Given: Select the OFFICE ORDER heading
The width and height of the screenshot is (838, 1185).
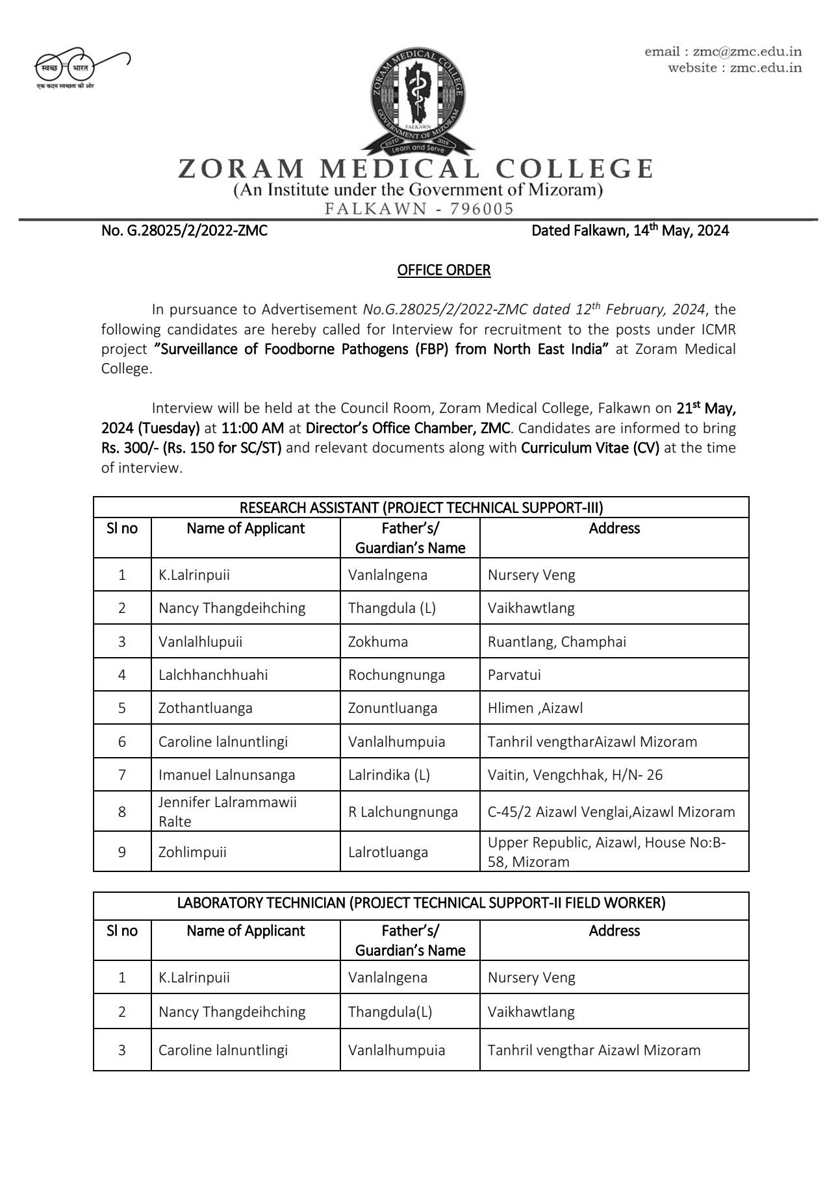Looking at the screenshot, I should [444, 270].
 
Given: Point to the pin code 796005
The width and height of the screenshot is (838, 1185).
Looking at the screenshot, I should [481, 209].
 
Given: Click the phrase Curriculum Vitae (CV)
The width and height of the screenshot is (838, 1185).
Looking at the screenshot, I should [590, 448].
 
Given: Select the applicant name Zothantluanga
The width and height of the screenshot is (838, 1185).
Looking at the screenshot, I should [205, 708].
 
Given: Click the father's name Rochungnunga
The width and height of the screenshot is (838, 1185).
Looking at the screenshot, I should [396, 675].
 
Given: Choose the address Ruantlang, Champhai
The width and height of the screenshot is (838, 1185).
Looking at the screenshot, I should [557, 642].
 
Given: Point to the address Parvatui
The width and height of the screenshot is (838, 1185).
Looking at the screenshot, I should [514, 675].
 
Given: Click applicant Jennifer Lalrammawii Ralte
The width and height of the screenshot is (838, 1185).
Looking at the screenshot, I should [227, 812].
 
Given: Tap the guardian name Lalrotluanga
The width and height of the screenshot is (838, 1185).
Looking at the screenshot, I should [388, 853].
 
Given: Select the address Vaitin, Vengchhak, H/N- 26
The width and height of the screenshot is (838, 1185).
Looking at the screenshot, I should [575, 775].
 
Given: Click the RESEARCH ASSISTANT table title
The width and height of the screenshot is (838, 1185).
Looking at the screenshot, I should [421, 508].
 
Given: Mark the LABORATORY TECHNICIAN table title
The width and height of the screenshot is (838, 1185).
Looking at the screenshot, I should [421, 903].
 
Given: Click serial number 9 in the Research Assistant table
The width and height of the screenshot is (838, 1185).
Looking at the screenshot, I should [122, 853].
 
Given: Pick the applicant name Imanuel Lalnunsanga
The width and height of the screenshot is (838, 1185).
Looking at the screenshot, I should [227, 775].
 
